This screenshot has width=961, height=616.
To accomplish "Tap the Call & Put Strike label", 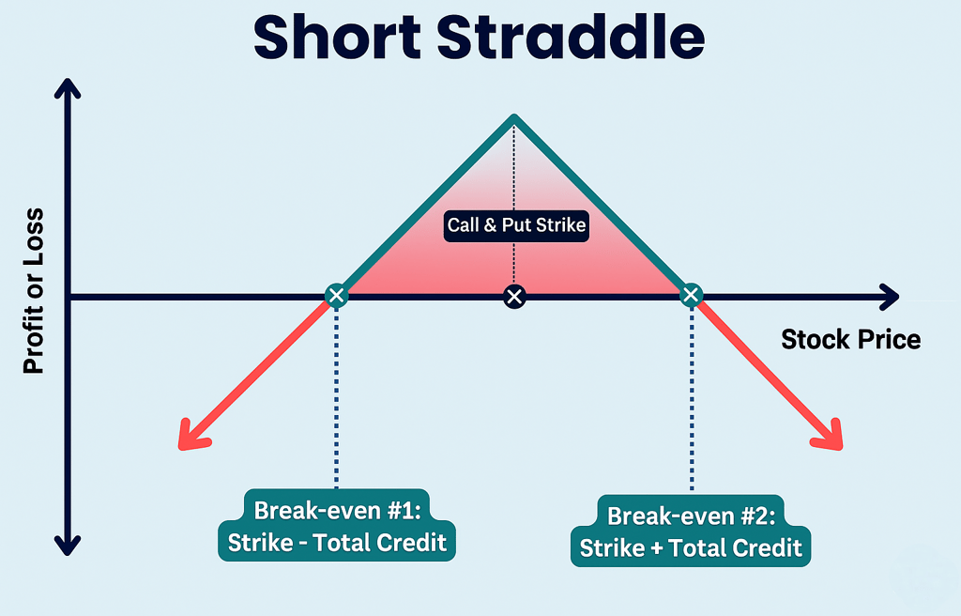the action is [516, 225].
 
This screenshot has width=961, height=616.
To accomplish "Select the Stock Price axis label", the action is [850, 339].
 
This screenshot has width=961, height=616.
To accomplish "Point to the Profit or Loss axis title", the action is [33, 291].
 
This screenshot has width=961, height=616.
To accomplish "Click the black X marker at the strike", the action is [514, 297].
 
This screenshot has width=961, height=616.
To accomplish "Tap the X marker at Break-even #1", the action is [336, 296].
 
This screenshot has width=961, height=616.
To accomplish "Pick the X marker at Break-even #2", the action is [691, 295].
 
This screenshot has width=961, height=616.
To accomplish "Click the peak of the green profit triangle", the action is [514, 115].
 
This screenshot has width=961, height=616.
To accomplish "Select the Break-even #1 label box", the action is [337, 525].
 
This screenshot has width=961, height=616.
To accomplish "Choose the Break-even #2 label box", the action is [691, 531].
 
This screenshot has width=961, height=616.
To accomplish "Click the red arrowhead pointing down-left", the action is [191, 437].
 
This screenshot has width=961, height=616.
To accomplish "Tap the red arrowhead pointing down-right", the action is [829, 437].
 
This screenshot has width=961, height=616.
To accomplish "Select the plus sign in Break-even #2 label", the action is [656, 547].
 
